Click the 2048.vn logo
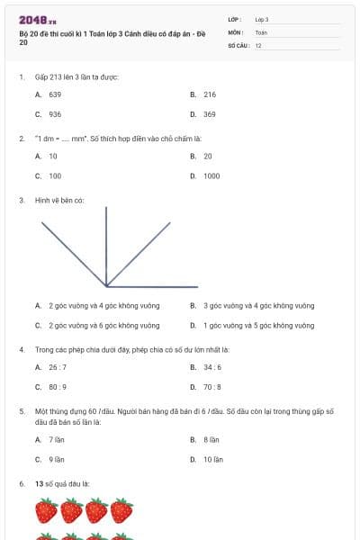click(x=38, y=19)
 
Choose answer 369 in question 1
click(x=209, y=114)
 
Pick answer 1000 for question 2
click(x=211, y=176)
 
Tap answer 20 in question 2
click(x=207, y=156)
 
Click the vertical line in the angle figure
click(x=106, y=243)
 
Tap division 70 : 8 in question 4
click(x=212, y=387)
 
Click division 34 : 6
click(x=212, y=367)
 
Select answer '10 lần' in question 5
click(x=212, y=459)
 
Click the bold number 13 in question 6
click(x=39, y=484)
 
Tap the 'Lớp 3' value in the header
click(x=262, y=19)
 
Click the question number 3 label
click(x=21, y=200)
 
